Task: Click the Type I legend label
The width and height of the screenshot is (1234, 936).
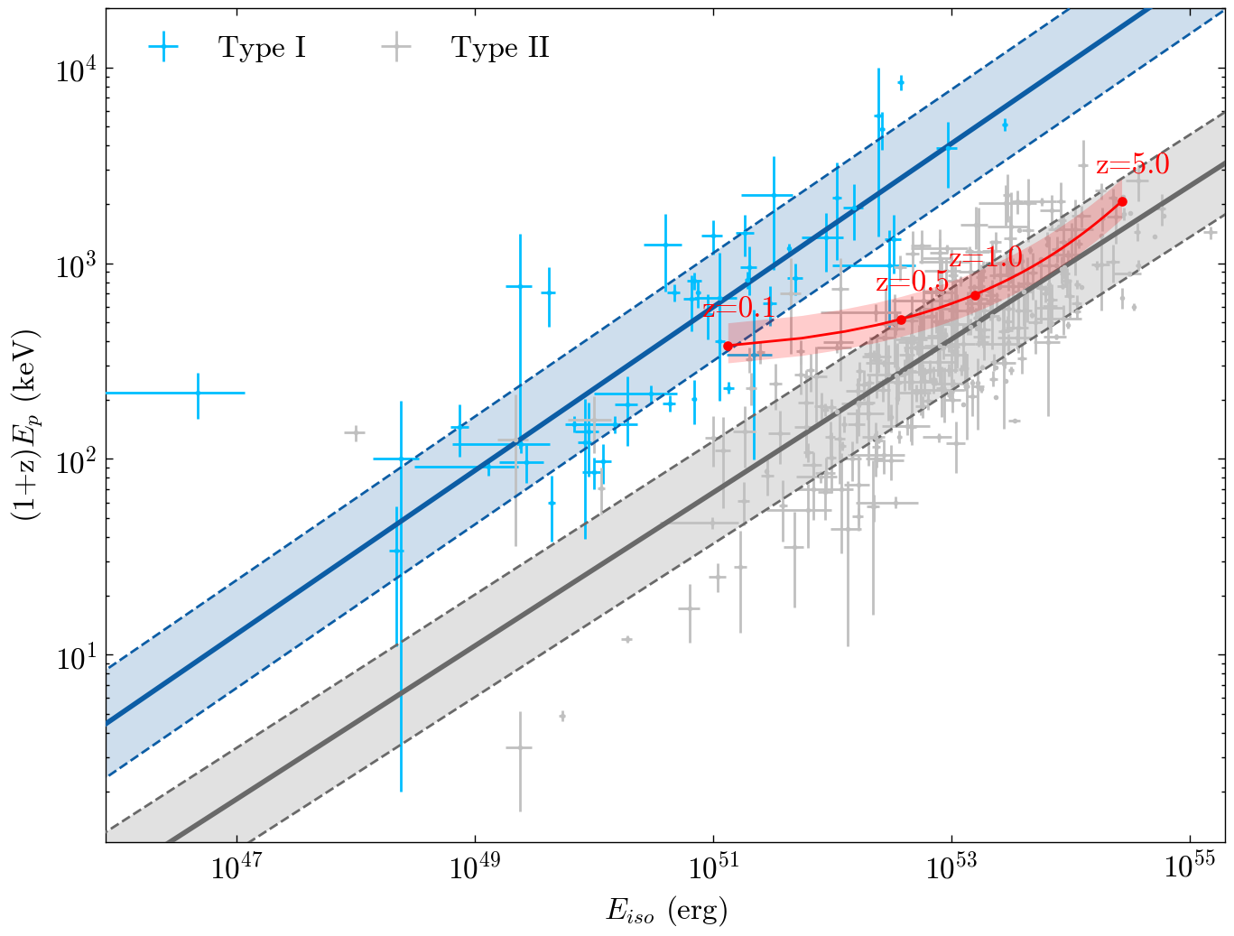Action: click(x=262, y=48)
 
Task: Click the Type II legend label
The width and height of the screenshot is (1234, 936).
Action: click(x=500, y=48)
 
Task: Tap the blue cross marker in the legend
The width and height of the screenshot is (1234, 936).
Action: click(x=163, y=48)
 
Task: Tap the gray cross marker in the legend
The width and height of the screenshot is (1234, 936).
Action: click(x=395, y=48)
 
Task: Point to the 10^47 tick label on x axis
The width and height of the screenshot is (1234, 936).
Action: click(x=236, y=868)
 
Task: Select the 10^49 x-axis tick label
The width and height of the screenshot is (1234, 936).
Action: click(x=474, y=868)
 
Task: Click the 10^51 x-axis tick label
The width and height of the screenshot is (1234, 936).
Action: click(x=713, y=868)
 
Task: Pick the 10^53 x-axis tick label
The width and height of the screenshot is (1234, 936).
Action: click(x=951, y=868)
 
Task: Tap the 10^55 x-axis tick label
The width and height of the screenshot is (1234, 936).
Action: click(x=1190, y=868)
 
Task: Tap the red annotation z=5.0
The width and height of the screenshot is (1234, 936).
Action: click(x=1132, y=165)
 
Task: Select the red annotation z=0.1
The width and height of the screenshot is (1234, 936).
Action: click(x=738, y=309)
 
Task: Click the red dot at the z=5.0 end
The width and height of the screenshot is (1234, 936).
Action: click(x=1122, y=201)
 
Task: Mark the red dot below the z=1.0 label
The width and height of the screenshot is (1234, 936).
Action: click(x=975, y=295)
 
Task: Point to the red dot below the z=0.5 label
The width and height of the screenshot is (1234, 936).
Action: click(x=901, y=320)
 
